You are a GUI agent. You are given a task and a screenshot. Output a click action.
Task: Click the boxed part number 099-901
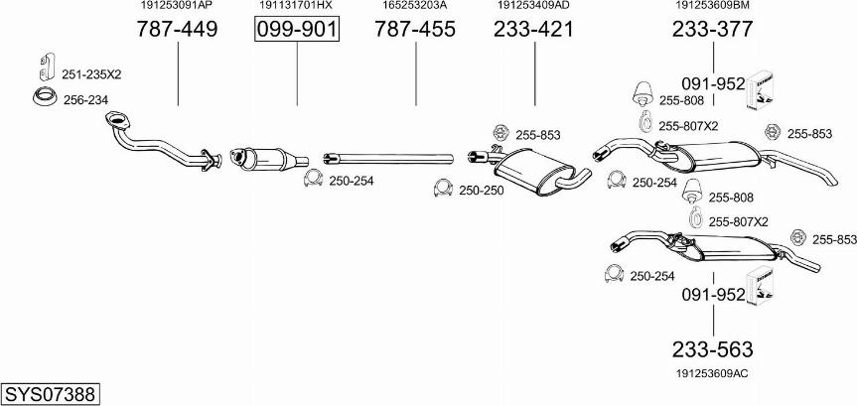click(x=297, y=30)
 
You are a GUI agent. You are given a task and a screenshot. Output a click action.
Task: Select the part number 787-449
click(x=177, y=30)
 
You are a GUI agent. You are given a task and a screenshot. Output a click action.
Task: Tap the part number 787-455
click(x=415, y=30)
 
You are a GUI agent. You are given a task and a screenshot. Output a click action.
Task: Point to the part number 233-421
click(x=534, y=30)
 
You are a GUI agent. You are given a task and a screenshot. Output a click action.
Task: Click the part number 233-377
click(x=713, y=30)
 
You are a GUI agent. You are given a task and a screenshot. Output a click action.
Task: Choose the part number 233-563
click(x=713, y=349)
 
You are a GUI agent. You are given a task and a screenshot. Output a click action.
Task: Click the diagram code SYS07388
click(x=51, y=393)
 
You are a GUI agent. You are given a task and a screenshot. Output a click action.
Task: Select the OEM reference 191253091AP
click(x=177, y=6)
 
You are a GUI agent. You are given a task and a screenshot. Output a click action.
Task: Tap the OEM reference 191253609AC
click(x=712, y=374)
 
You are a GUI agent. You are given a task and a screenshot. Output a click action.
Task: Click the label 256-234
click(x=85, y=100)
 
